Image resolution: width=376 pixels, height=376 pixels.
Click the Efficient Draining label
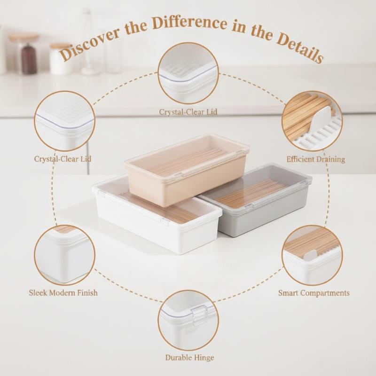pos(315,159)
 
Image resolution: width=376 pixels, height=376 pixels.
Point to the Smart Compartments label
pos(313,293)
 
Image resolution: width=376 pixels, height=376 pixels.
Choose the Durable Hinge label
pos(189,358)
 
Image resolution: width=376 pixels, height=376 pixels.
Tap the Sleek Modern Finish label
pos(63,292)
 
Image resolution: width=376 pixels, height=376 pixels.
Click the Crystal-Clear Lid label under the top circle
pos(188,112)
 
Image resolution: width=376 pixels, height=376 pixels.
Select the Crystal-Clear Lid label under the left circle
pos(63,159)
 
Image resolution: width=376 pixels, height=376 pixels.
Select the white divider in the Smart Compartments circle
pos(310,256)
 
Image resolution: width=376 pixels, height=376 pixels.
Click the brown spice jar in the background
pos(29,59)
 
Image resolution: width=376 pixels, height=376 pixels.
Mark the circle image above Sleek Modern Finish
pos(64,256)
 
